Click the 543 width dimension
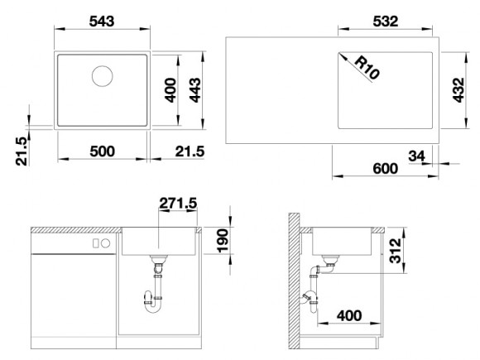102,22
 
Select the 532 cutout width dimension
386,22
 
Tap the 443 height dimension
195,90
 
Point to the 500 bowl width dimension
103,151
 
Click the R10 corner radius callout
367,68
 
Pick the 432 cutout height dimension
458,90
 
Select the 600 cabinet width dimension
386,169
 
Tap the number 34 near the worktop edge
416,156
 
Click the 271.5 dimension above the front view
178,203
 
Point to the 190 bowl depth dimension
223,241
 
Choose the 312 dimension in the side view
395,251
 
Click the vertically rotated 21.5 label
22,151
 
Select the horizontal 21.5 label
190,151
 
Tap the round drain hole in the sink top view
103,76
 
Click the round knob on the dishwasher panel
105,243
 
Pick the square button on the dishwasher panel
95,243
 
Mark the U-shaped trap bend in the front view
153,309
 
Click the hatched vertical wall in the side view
294,281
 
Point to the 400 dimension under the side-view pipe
349,315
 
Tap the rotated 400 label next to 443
170,90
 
